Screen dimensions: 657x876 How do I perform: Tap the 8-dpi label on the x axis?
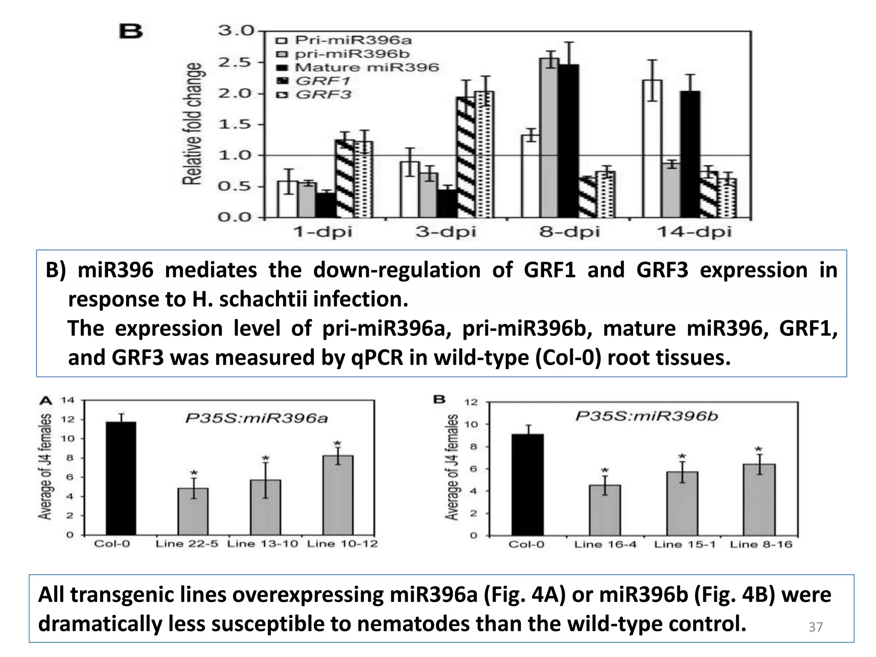[569, 232]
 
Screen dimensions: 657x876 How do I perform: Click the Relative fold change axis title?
[193, 124]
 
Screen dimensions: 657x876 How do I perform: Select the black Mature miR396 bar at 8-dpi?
[568, 141]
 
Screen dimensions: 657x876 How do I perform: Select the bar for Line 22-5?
[193, 511]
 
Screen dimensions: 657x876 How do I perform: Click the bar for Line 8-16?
[759, 500]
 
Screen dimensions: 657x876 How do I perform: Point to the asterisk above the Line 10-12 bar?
[337, 444]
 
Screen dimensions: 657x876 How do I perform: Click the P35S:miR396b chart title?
[646, 416]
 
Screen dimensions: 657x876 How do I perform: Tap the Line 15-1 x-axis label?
[684, 545]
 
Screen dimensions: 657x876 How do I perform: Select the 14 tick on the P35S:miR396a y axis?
[67, 400]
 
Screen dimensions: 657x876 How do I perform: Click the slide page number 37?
[815, 627]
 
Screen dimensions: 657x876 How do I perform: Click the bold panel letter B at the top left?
[130, 32]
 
